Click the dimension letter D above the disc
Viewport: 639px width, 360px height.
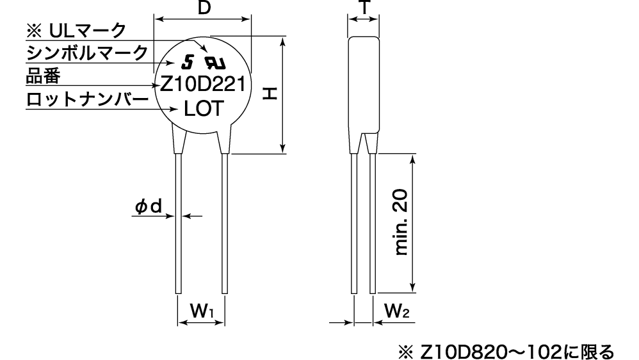pos(203,8)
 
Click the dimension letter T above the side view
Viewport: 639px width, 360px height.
pos(363,7)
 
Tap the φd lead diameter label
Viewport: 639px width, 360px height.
pos(148,206)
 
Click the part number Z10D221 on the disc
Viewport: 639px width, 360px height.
pos(206,85)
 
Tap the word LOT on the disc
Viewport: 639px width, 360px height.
pos(204,109)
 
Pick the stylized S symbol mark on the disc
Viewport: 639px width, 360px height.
pos(188,62)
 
